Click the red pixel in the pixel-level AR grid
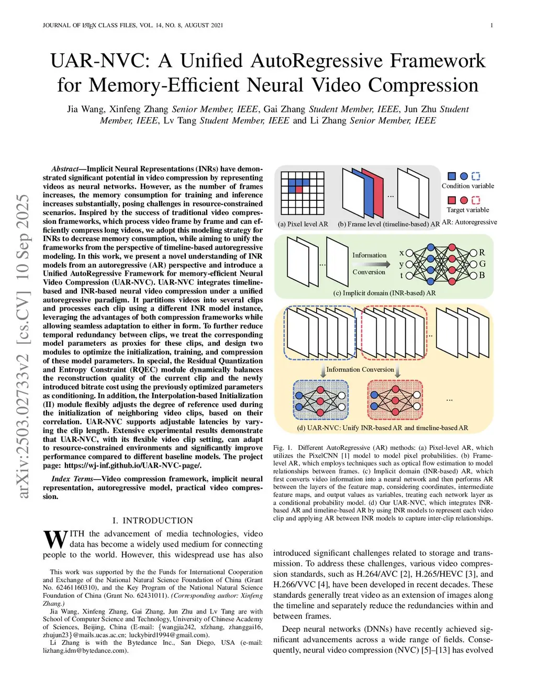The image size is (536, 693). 299,189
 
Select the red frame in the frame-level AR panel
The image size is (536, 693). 373,194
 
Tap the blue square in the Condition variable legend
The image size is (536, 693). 452,176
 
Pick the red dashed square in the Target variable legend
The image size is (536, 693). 475,200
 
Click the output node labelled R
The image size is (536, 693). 473,253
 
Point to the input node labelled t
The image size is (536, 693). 409,275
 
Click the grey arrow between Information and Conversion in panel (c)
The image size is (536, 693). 369,264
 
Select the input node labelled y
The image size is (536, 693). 409,264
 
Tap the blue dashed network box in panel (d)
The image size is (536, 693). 320,400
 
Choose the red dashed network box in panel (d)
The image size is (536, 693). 395,400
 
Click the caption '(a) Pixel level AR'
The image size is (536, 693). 303,224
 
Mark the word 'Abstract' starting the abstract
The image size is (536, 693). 65,169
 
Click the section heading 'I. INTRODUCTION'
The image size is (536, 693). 152,520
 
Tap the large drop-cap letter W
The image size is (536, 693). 55,540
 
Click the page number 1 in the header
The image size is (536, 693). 492,25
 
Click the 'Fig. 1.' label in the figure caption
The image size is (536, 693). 283,448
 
